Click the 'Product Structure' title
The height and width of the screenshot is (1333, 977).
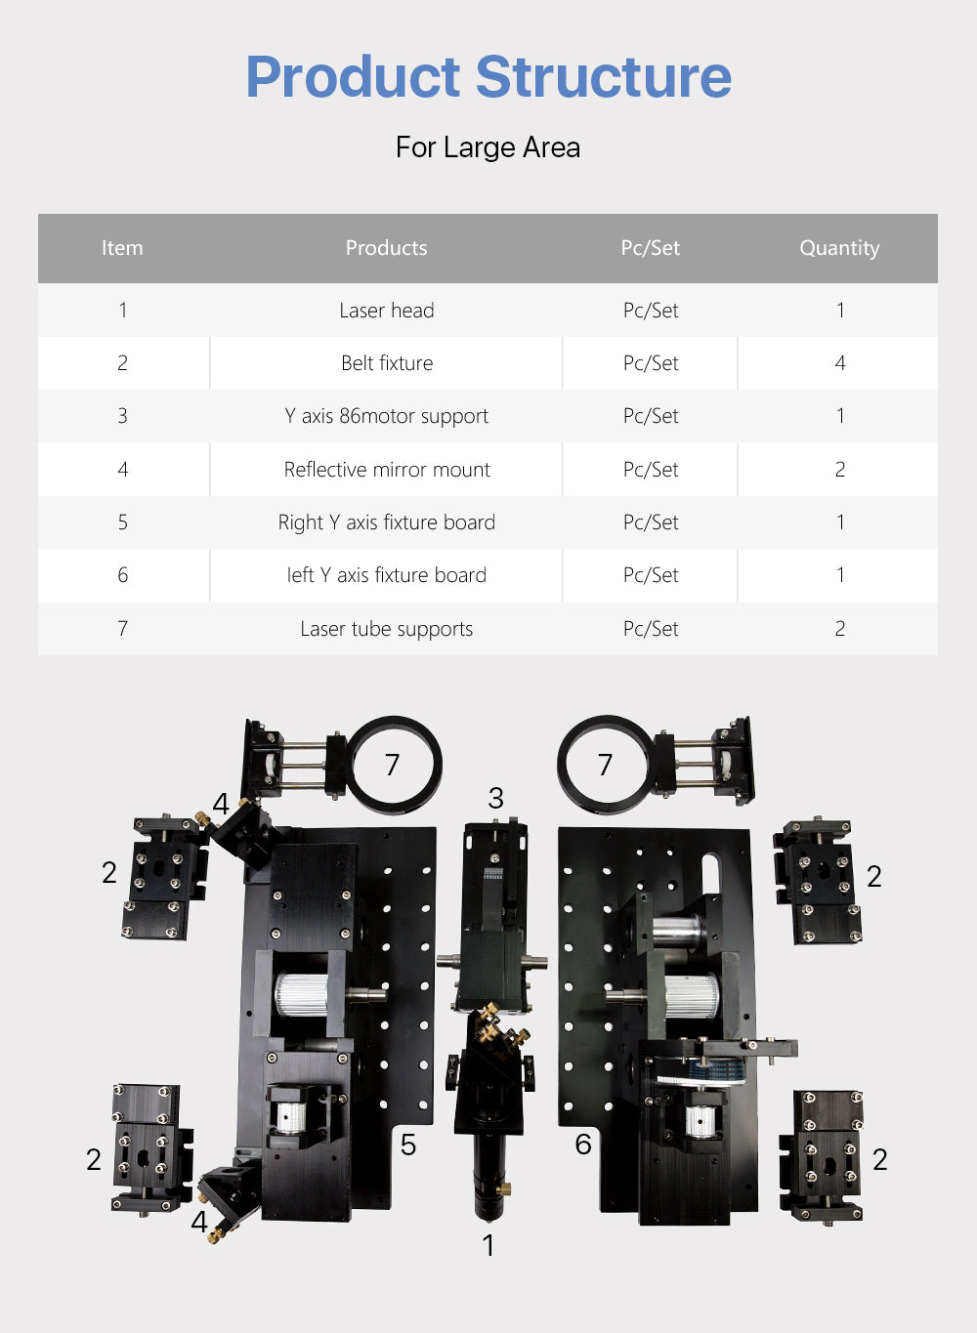[488, 77]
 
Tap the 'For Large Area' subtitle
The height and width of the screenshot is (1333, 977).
[488, 147]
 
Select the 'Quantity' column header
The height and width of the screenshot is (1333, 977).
[839, 248]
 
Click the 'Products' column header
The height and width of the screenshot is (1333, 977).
[386, 248]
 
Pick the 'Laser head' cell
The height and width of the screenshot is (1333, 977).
[386, 311]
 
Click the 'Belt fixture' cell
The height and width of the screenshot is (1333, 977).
[386, 363]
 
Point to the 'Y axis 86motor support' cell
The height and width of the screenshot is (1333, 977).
[386, 416]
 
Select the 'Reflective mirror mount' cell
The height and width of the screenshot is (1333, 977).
[386, 470]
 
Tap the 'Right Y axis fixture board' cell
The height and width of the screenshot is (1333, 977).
[386, 522]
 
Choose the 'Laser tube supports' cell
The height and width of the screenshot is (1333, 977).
[386, 629]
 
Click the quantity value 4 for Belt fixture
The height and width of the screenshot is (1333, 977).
[839, 363]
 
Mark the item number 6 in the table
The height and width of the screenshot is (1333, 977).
[122, 575]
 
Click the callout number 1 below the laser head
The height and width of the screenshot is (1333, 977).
[488, 1245]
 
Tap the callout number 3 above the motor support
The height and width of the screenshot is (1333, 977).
[495, 799]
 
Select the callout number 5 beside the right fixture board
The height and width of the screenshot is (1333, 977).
[408, 1145]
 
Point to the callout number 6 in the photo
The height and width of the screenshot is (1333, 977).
[583, 1145]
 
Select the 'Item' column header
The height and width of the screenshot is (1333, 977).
[122, 248]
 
